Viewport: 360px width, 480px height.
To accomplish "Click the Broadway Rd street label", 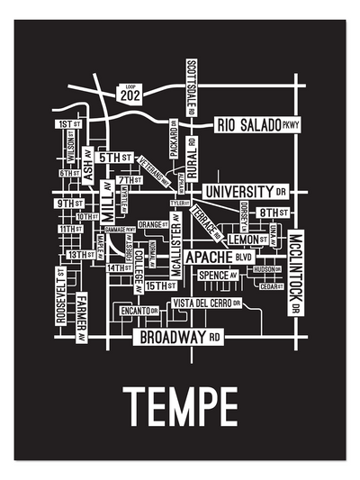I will pyautogui.click(x=178, y=338).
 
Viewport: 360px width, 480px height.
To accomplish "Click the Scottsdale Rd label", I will pyautogui.click(x=191, y=89).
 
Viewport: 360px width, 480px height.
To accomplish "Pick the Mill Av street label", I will pyautogui.click(x=107, y=205).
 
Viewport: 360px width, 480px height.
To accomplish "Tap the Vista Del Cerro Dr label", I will pyautogui.click(x=206, y=302).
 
